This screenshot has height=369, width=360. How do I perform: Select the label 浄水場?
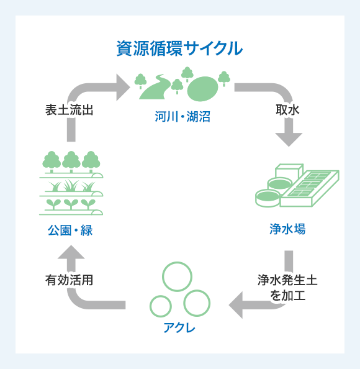(x=287, y=229)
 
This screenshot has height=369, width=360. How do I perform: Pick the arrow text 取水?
(x=287, y=109)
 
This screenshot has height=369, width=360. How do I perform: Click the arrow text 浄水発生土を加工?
(x=287, y=287)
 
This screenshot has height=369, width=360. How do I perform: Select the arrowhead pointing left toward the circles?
(x=239, y=304)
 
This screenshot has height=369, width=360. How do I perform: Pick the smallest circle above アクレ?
(x=161, y=306)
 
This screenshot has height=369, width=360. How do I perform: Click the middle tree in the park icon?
(x=71, y=161)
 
